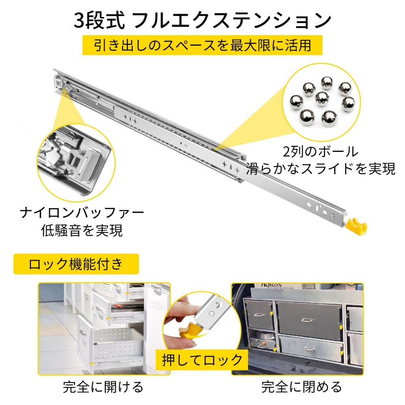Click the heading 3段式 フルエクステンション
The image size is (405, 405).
click(x=202, y=20)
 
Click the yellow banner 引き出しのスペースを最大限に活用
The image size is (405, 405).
click(x=202, y=45)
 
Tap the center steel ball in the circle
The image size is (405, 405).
click(x=322, y=98)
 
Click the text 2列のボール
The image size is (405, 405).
click(x=320, y=152)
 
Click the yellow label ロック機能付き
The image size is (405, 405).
click(x=76, y=264)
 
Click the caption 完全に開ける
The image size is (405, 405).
click(x=103, y=387)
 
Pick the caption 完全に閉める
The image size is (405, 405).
click(x=302, y=387)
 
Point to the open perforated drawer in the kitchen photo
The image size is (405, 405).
click(x=115, y=344)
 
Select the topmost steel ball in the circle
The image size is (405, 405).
click(x=326, y=83)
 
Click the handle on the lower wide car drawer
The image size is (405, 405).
click(x=309, y=348)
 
